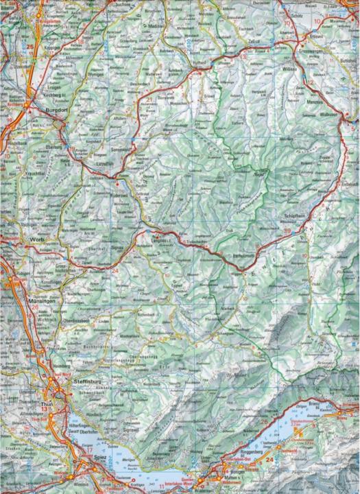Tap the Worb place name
click(x=37, y=240)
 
